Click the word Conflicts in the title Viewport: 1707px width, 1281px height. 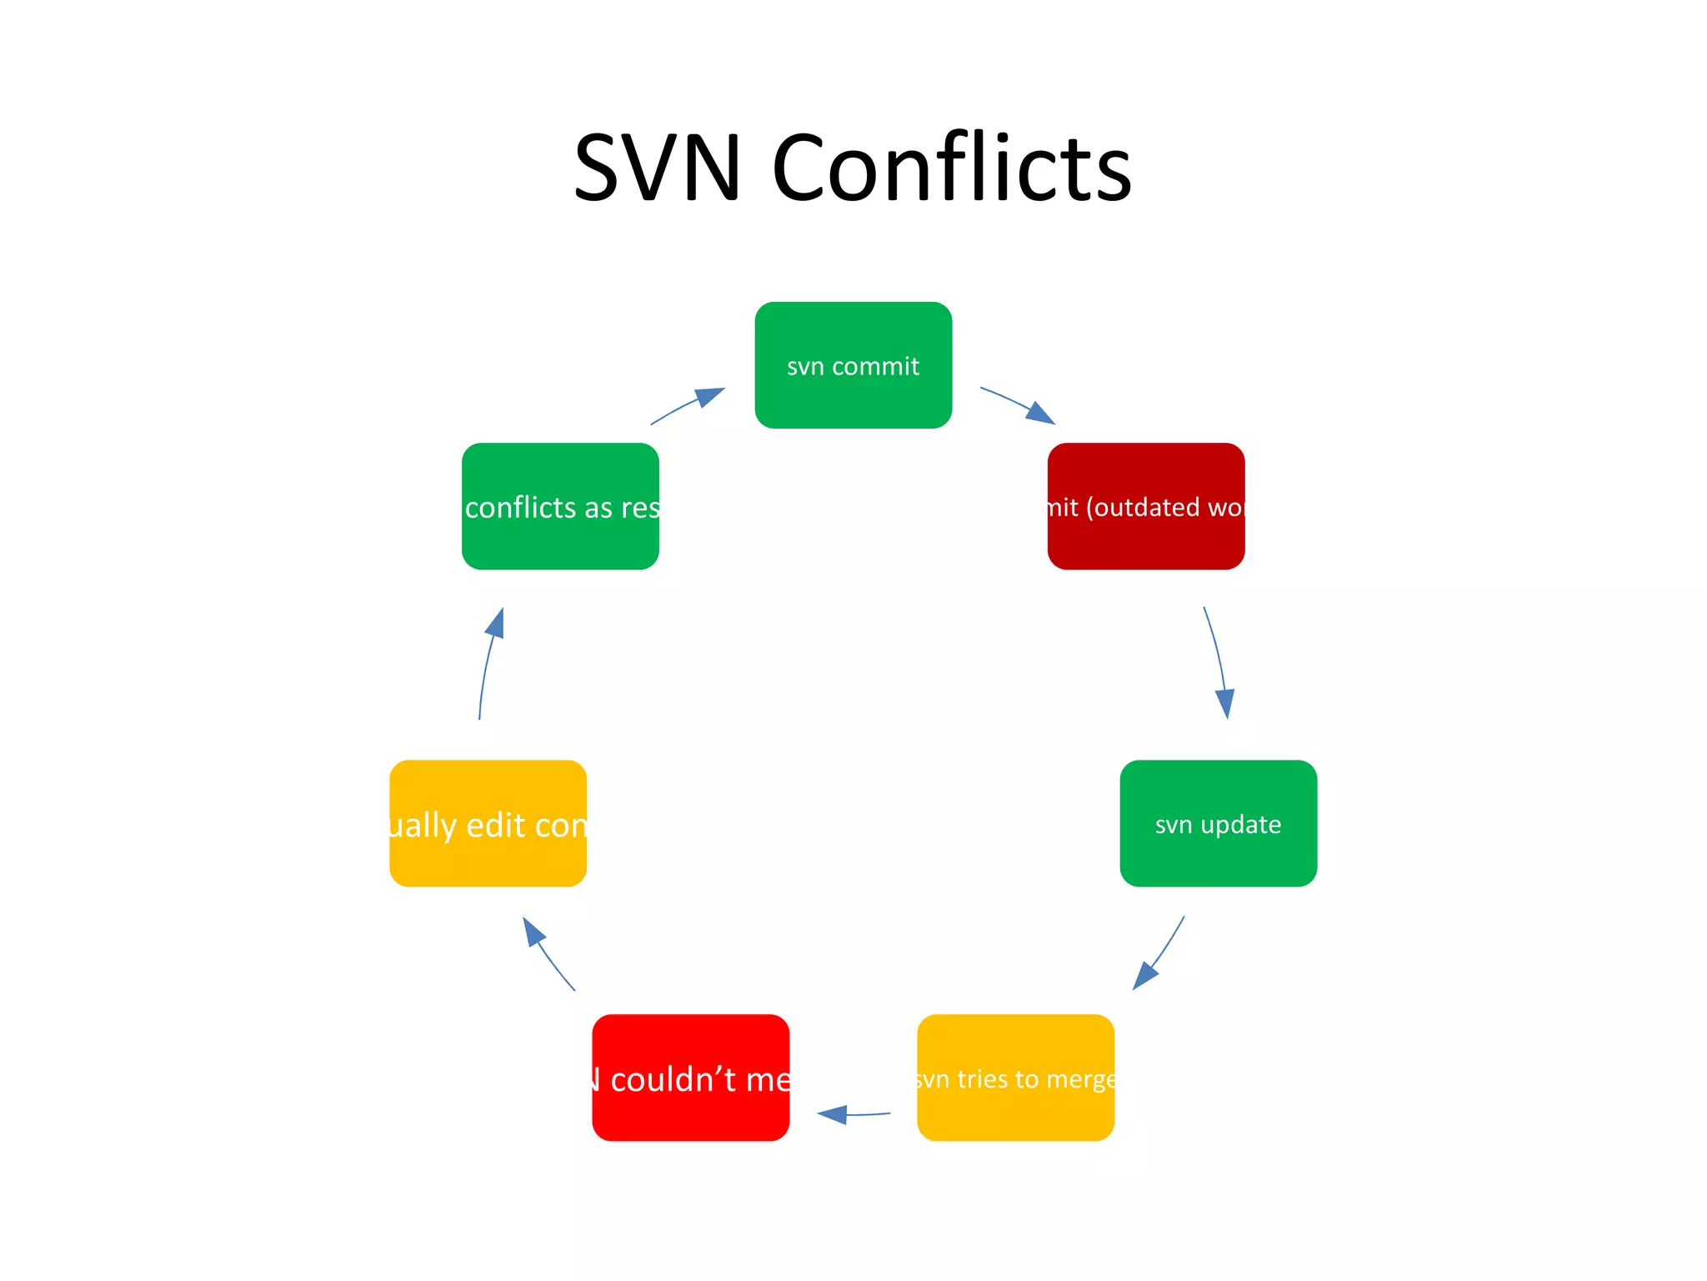952,168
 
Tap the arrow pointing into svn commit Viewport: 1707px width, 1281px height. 687,405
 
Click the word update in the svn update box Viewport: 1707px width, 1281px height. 1241,825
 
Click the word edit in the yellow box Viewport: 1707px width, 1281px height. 496,826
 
